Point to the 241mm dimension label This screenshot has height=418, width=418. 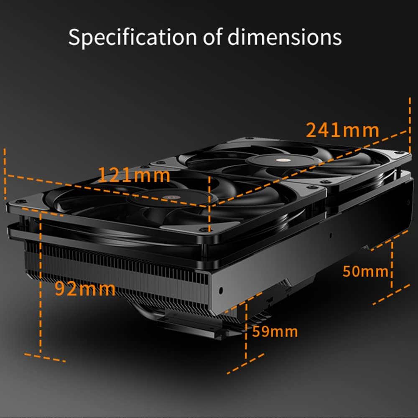[x=343, y=130]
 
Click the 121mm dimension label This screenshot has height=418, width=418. [x=134, y=175]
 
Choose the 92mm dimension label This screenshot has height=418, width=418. [x=85, y=289]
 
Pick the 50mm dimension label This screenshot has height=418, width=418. [x=365, y=271]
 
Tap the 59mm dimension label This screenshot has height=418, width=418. [x=275, y=332]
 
